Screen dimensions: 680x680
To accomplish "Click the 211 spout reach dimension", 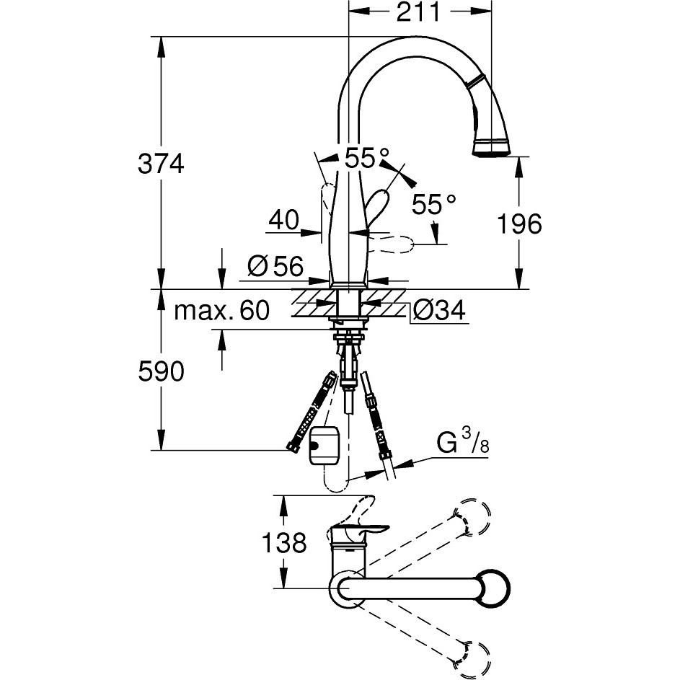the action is [418, 12].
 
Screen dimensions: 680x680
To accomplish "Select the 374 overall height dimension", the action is [161, 164].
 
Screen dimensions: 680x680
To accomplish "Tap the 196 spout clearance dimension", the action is [519, 224].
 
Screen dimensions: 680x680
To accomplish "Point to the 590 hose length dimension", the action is [161, 371].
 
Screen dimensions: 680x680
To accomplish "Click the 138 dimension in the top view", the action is [284, 542].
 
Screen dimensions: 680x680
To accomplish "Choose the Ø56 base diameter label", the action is [275, 265].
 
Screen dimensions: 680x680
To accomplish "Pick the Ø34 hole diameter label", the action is [439, 311].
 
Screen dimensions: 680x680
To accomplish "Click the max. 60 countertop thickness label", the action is [221, 311].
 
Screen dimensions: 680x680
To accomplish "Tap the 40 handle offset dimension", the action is [283, 220].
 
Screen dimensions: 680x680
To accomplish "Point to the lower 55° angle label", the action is [433, 204].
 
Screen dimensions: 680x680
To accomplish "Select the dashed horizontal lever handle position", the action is [392, 244].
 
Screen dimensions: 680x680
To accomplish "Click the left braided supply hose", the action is [312, 411].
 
